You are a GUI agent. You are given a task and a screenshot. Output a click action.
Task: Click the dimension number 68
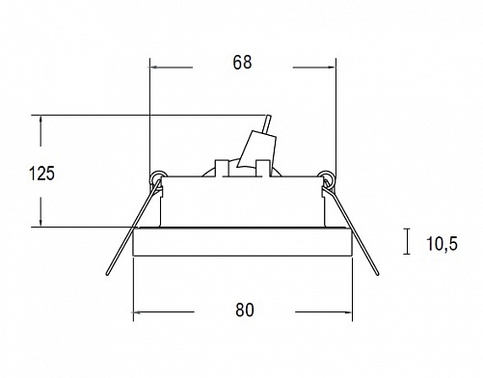(242, 63)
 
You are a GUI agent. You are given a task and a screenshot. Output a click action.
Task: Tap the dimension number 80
(245, 310)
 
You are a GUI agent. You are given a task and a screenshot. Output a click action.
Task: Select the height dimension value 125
(41, 174)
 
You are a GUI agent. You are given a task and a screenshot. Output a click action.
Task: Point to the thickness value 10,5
(442, 243)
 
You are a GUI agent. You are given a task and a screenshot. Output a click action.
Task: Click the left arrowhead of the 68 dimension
(154, 67)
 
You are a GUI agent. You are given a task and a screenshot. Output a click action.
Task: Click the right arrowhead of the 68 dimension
(332, 67)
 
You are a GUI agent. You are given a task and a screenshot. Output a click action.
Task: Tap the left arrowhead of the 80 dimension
(137, 311)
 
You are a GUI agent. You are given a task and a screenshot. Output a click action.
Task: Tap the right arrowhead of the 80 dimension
(348, 311)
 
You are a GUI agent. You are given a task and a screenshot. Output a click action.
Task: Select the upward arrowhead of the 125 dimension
(40, 121)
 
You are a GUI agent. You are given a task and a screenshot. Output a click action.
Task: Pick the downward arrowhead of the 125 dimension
(40, 222)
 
